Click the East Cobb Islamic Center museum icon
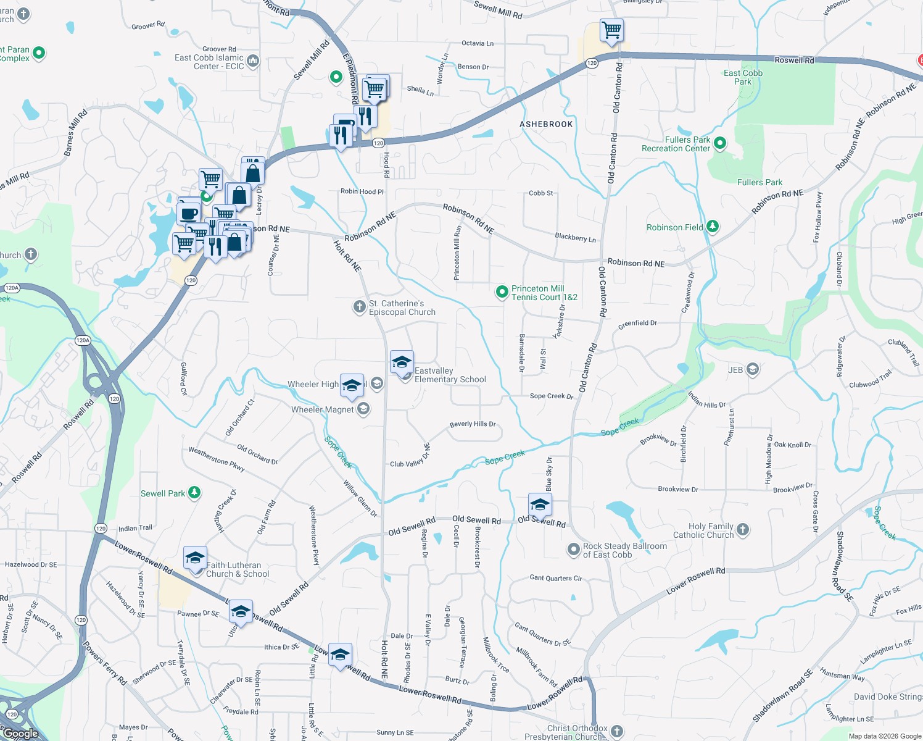[253, 61]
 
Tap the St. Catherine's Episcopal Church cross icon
[359, 307]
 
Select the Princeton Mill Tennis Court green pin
[502, 292]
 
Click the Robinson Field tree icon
[712, 227]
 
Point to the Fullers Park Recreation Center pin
[719, 144]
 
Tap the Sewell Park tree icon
[194, 492]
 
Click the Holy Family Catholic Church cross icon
[743, 529]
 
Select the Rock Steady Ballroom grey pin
[574, 548]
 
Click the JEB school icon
[752, 369]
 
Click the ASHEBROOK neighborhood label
[546, 124]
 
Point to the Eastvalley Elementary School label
[450, 375]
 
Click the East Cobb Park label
[743, 77]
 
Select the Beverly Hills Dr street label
[473, 424]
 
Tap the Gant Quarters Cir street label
[555, 578]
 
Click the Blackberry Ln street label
[575, 237]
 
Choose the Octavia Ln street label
[478, 43]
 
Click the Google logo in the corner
[21, 734]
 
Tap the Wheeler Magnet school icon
[363, 409]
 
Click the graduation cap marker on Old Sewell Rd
[540, 504]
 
